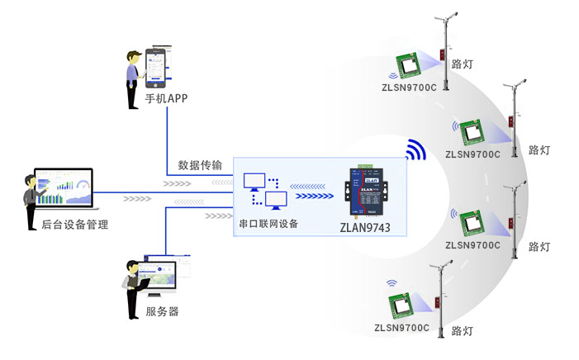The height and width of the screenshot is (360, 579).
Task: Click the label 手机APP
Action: pyautogui.click(x=167, y=98)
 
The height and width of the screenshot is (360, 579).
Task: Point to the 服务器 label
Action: pyautogui.click(x=162, y=312)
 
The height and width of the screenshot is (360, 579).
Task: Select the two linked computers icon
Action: pyautogui.click(x=265, y=191)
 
